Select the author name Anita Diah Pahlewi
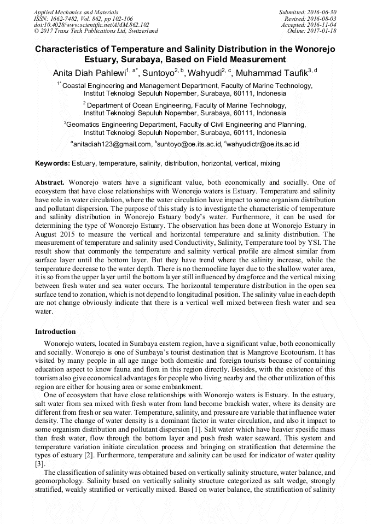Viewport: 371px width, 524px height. click(x=89, y=73)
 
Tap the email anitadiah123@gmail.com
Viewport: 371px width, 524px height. click(x=112, y=144)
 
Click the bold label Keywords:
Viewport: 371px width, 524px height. click(x=53, y=163)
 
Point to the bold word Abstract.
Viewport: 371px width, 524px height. click(x=50, y=182)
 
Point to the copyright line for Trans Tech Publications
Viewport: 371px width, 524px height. click(x=96, y=31)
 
